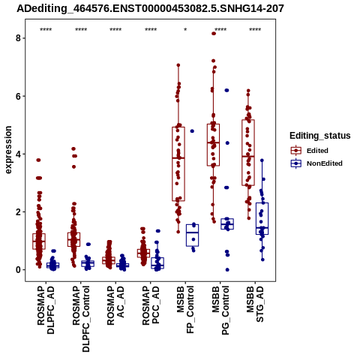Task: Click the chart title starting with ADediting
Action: tap(150, 8)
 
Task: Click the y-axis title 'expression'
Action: tap(8, 150)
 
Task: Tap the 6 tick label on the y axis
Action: tap(18, 96)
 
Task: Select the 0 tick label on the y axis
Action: tap(18, 270)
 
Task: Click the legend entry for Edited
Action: tap(310, 151)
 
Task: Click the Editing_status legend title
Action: tap(320, 136)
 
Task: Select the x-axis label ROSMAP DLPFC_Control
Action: tap(81, 319)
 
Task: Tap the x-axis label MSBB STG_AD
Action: tap(255, 304)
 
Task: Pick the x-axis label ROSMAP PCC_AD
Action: tap(151, 305)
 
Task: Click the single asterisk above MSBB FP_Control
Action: tap(185, 29)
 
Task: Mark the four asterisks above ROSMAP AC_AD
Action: tap(115, 29)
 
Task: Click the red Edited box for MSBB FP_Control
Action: tap(178, 164)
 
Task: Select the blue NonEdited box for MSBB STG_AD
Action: tap(262, 218)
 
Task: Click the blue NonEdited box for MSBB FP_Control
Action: tap(192, 235)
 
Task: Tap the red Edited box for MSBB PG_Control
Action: tap(213, 145)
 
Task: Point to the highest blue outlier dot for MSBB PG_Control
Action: tap(226, 90)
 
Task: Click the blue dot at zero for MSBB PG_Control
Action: tap(227, 270)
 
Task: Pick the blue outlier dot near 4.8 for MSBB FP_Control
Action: tap(192, 131)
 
